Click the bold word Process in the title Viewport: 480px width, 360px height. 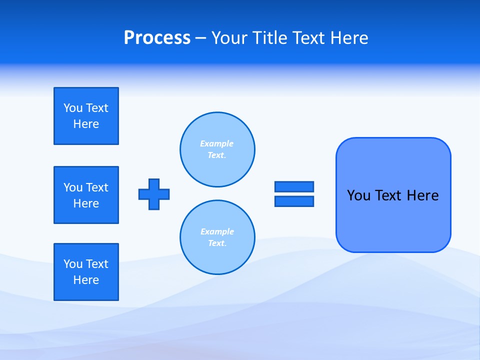click(x=157, y=38)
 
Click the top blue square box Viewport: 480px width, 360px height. click(x=86, y=116)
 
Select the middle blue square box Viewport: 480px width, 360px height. click(x=86, y=195)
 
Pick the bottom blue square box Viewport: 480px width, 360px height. click(x=86, y=272)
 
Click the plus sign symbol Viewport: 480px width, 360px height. click(x=154, y=194)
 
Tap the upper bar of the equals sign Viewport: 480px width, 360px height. click(x=294, y=186)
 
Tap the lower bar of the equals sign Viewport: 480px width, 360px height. click(x=294, y=201)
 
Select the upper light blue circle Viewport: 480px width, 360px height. click(x=217, y=149)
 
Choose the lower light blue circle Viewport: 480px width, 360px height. click(x=217, y=237)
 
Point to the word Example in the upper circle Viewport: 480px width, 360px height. click(x=216, y=143)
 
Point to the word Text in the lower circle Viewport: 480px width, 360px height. click(x=216, y=243)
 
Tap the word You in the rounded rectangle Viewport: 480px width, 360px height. click(x=359, y=195)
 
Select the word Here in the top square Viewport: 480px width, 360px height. click(x=86, y=124)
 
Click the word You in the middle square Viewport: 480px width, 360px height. click(x=73, y=187)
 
